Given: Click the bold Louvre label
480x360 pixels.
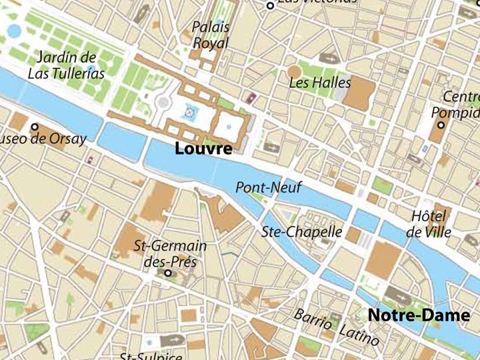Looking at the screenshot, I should pos(203,149).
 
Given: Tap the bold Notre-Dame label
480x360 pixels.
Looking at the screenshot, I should pos(419,315).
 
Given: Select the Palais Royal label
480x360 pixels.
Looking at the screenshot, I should pos(211,35).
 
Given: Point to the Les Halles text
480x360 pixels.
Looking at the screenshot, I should pos(319,83).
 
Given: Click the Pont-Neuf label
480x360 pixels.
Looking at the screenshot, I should pos(269,187).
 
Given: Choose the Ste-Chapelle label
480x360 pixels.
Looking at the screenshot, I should pos(302,232).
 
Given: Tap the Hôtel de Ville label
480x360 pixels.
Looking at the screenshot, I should pos(428,224).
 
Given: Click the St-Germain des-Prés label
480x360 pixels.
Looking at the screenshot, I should pos(171,253).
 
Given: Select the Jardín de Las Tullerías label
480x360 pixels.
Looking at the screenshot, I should pos(66,65).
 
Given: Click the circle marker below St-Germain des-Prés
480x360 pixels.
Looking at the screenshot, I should pos(168,273).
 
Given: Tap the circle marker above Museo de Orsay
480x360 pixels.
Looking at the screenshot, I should pos(35,127).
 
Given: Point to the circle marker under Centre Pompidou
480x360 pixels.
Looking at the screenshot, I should pos(441,125).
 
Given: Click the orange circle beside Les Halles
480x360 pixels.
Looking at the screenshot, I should pos(294,71).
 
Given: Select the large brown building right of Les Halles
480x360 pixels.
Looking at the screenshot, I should pos(359,94).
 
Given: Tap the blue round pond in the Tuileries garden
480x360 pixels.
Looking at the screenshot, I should pos(15,31).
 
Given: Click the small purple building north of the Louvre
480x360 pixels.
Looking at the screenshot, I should pos(252,99).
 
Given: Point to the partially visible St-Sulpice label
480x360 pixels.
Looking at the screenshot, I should pos(150,356).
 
